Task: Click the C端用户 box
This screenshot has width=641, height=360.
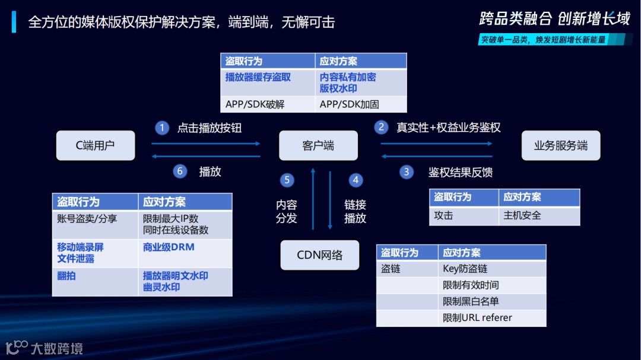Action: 96,145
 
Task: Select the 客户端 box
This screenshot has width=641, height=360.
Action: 318,145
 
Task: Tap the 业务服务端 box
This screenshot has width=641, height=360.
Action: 560,145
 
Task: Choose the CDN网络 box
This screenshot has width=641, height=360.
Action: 320,255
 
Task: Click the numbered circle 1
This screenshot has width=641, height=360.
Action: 162,128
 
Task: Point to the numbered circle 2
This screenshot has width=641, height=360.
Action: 381,128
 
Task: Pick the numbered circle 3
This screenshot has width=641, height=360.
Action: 407,172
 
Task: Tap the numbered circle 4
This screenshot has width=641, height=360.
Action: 356,180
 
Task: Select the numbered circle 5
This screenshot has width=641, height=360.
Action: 287,180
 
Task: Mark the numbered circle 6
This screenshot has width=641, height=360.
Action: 180,171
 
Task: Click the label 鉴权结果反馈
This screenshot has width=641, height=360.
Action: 461,173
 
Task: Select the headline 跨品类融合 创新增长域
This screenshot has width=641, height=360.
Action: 554,19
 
